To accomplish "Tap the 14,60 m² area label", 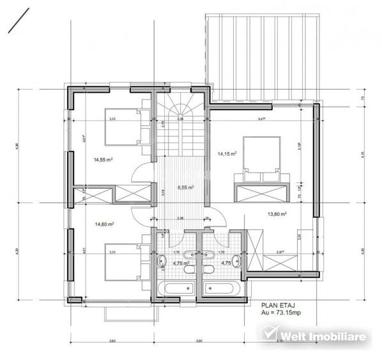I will point(104,224).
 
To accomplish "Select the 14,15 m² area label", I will point(227,154).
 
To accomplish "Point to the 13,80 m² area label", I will point(276,215).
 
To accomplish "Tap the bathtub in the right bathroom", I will point(221,288).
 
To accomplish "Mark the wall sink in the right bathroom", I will point(238,259).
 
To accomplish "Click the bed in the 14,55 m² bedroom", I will point(128,127).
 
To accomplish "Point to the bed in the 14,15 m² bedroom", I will point(259,155).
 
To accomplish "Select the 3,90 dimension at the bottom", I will point(198,340).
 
